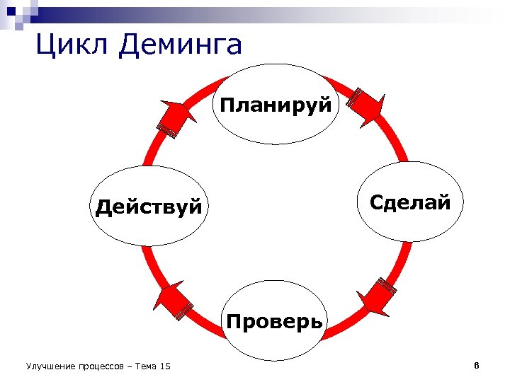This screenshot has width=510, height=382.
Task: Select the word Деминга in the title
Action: click(181, 45)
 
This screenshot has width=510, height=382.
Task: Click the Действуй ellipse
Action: click(149, 207)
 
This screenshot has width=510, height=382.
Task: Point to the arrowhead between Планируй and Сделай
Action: click(367, 107)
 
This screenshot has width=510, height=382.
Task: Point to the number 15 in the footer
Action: click(166, 366)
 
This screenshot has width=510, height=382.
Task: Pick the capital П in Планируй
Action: click(227, 105)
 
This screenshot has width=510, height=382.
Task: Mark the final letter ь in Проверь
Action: click(317, 323)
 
